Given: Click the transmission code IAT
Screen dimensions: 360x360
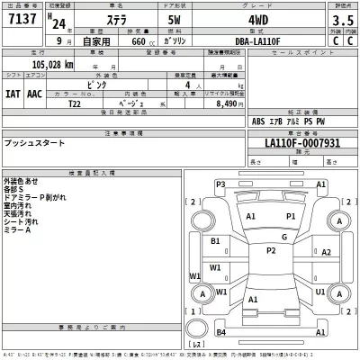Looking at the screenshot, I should (13, 92).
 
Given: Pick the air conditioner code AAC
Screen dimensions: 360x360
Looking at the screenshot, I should (34, 92).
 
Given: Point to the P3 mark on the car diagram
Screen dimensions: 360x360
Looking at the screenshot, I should (220, 185).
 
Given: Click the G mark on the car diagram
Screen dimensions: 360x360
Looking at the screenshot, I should (283, 237).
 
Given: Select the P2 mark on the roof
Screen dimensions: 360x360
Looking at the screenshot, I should (270, 250).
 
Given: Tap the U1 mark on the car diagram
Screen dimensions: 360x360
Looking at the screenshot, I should (320, 291).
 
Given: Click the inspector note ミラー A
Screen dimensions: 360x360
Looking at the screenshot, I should (17, 230).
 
